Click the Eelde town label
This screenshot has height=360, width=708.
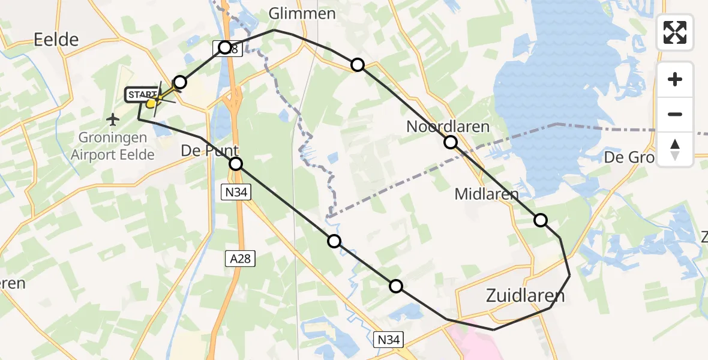point(56,40)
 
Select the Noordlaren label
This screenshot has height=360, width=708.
point(448,127)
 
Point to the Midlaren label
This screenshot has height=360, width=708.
point(486,194)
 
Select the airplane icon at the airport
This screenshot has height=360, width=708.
point(112,120)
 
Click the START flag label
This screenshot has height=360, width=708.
point(141,95)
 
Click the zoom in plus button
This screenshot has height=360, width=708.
point(675,79)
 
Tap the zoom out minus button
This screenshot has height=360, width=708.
point(675,114)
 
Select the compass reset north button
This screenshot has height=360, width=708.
point(675,149)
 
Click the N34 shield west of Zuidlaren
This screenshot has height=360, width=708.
point(390,340)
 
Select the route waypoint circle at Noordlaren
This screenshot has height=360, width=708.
point(450,142)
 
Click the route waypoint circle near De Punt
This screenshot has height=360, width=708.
point(236,164)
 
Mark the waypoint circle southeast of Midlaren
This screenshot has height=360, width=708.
point(541,220)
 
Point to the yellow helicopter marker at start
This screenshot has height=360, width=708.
point(152,103)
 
